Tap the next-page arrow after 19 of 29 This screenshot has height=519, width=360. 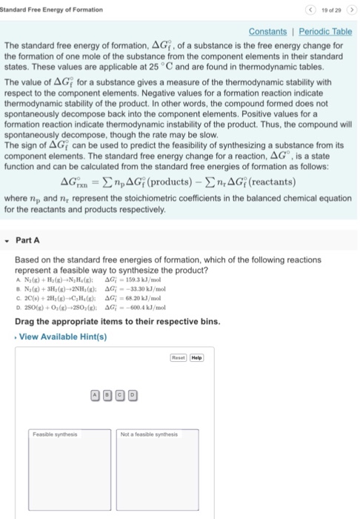click(x=350, y=9)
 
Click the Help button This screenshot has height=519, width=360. click(x=196, y=357)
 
